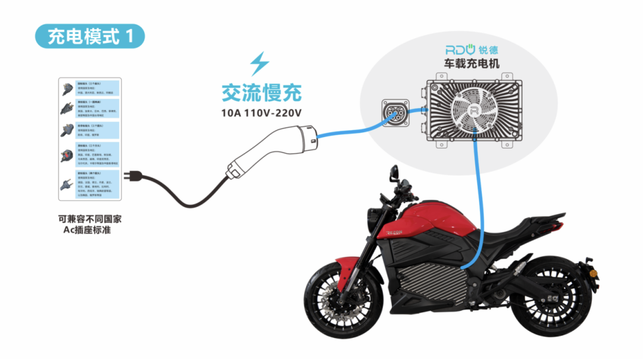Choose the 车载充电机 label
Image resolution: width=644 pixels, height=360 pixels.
pos(471,63)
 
